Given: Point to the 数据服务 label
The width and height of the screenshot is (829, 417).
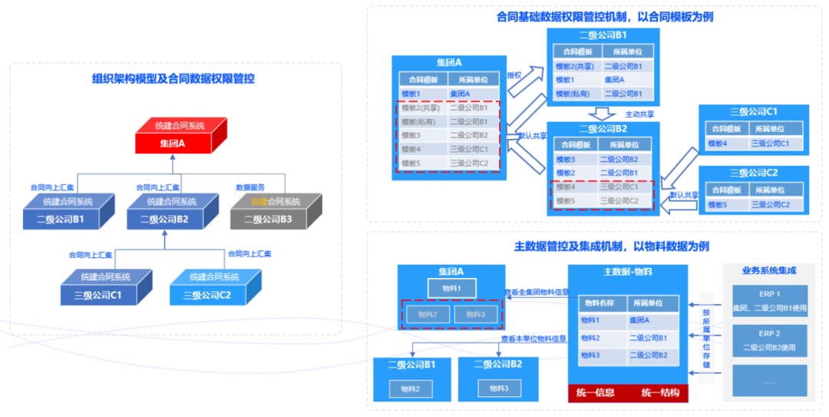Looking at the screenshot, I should (249, 187).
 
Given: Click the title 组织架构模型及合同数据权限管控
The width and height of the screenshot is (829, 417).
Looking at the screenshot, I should (173, 78).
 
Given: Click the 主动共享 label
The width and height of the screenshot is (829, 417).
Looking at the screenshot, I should (639, 114).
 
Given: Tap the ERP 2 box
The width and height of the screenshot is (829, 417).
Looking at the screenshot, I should (768, 340).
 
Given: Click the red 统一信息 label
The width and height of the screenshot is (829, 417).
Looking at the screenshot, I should (596, 393).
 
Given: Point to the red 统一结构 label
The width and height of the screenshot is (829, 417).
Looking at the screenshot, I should (660, 393).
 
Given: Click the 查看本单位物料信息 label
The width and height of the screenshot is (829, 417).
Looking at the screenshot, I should (533, 338).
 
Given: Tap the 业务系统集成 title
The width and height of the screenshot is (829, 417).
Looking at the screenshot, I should (768, 270).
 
